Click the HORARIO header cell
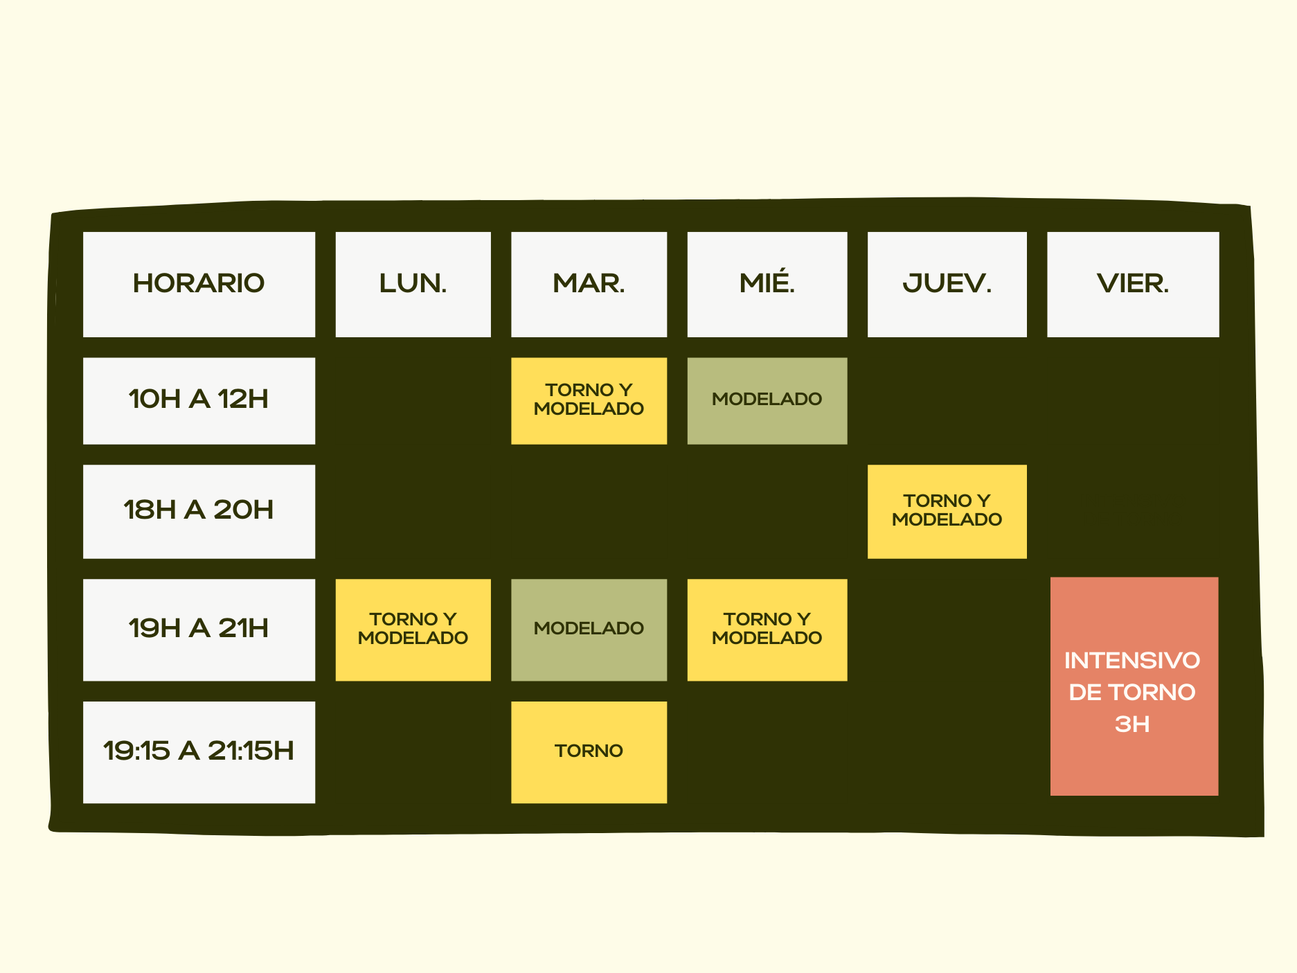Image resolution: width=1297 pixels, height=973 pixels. coord(199,284)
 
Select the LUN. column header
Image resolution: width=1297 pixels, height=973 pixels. coord(413,284)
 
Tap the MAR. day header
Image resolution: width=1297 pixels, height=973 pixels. coord(589,284)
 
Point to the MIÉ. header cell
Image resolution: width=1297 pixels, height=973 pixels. coord(767,284)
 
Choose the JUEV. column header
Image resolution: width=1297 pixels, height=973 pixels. coord(947,284)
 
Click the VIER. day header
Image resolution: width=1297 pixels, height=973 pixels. coord(1133,284)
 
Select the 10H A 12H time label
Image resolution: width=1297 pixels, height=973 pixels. coord(199,400)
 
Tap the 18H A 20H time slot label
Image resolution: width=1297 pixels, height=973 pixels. coord(199,511)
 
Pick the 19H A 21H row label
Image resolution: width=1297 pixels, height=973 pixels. coord(199,630)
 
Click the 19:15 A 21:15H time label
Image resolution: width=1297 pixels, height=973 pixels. coord(199,752)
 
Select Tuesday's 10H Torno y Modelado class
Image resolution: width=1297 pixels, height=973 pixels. coord(589,400)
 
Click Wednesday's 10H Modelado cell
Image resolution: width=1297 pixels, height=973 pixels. coord(767,400)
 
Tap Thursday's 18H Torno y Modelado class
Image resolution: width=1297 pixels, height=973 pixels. coord(947,511)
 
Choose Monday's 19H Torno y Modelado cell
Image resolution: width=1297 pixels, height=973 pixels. coord(413,630)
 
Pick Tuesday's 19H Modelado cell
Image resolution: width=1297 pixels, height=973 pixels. coord(589,630)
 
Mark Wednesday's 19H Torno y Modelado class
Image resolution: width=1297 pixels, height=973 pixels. coord(767,630)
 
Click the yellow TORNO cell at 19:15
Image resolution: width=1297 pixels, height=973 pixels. coord(589,752)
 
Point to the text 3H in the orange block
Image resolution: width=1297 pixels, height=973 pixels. coord(1132,724)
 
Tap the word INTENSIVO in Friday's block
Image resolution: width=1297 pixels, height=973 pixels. coord(1132,661)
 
